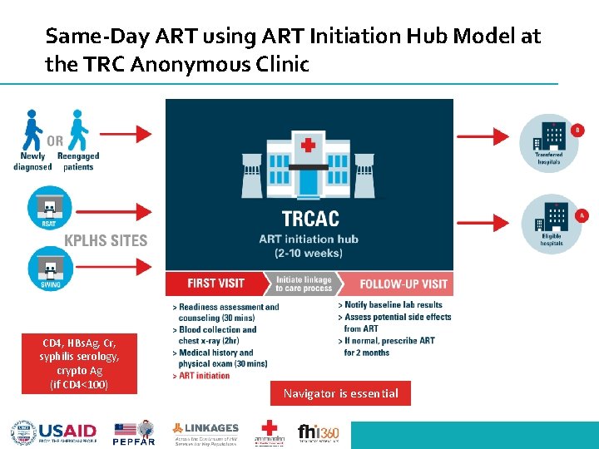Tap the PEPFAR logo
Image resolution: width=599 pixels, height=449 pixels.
click(134, 433)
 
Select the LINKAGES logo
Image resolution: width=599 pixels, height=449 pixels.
click(205, 433)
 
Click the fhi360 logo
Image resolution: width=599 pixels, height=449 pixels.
click(319, 433)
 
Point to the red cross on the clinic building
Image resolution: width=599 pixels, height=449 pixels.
click(309, 146)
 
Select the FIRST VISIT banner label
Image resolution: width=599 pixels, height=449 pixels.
click(216, 284)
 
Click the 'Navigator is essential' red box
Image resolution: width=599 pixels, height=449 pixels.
click(340, 393)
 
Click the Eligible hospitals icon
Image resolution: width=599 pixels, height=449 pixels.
click(548, 220)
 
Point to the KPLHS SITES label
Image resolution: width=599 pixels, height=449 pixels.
click(106, 241)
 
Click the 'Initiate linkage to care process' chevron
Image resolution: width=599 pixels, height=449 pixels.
click(304, 284)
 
